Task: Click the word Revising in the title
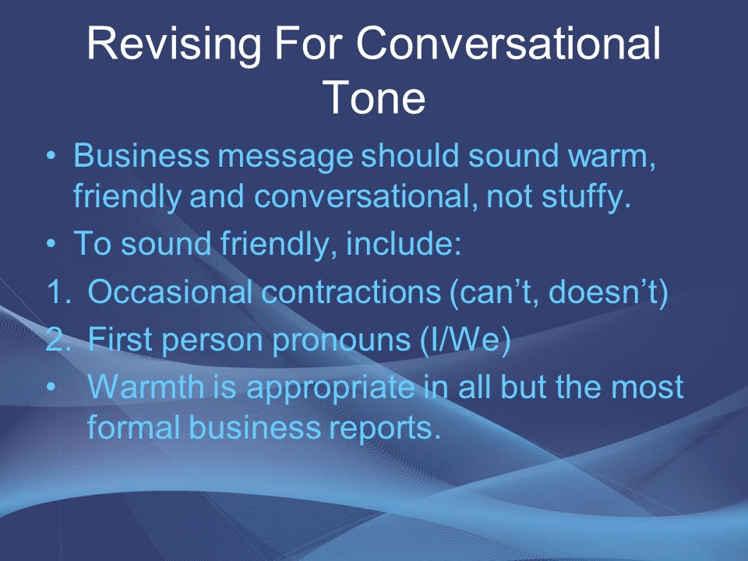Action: click(x=174, y=44)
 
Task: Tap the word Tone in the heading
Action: click(x=373, y=97)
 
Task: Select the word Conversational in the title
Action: click(x=508, y=43)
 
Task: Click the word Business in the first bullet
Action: click(x=141, y=156)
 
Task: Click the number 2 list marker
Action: click(x=58, y=339)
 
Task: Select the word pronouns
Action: click(x=341, y=340)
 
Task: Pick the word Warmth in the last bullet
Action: click(x=146, y=386)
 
